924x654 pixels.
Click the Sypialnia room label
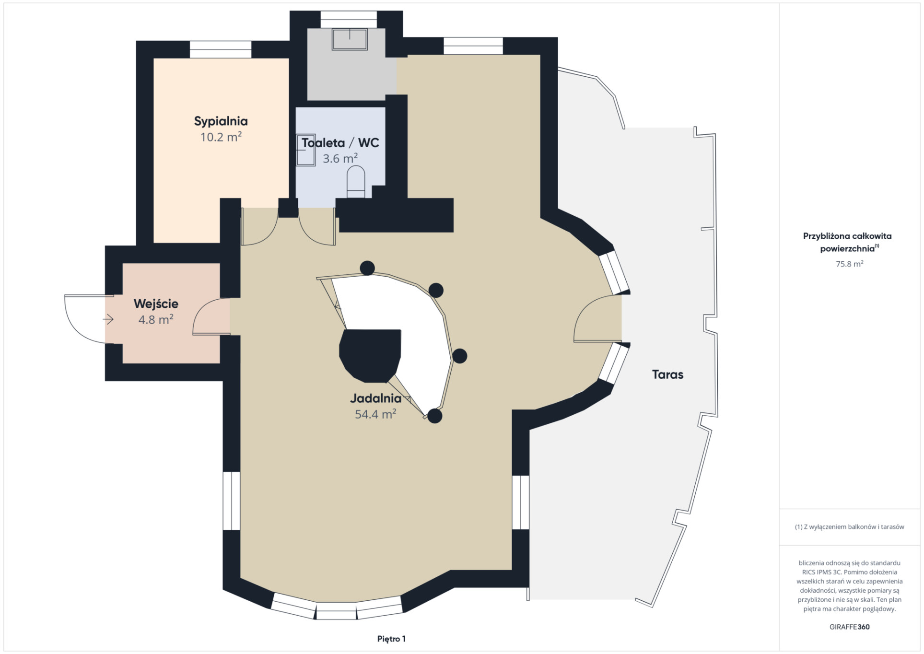[221, 121]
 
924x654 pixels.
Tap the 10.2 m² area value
[221, 137]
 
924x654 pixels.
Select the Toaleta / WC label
[340, 143]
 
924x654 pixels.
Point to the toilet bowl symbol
[356, 182]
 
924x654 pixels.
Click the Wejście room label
[156, 304]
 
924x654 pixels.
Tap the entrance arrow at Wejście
[108, 319]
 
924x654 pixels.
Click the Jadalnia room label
[375, 398]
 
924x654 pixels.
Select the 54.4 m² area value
[375, 414]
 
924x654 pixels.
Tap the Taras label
[667, 374]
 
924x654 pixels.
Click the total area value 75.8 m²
[849, 264]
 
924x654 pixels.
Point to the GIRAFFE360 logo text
[849, 627]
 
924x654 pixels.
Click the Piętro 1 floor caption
[391, 639]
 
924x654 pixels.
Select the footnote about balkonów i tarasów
[849, 526]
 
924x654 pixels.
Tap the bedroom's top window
[221, 49]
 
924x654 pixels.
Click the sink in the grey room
[350, 39]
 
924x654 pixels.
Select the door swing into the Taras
[597, 318]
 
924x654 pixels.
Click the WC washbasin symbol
[305, 150]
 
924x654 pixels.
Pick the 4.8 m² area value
[156, 320]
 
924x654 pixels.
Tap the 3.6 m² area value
[340, 159]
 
